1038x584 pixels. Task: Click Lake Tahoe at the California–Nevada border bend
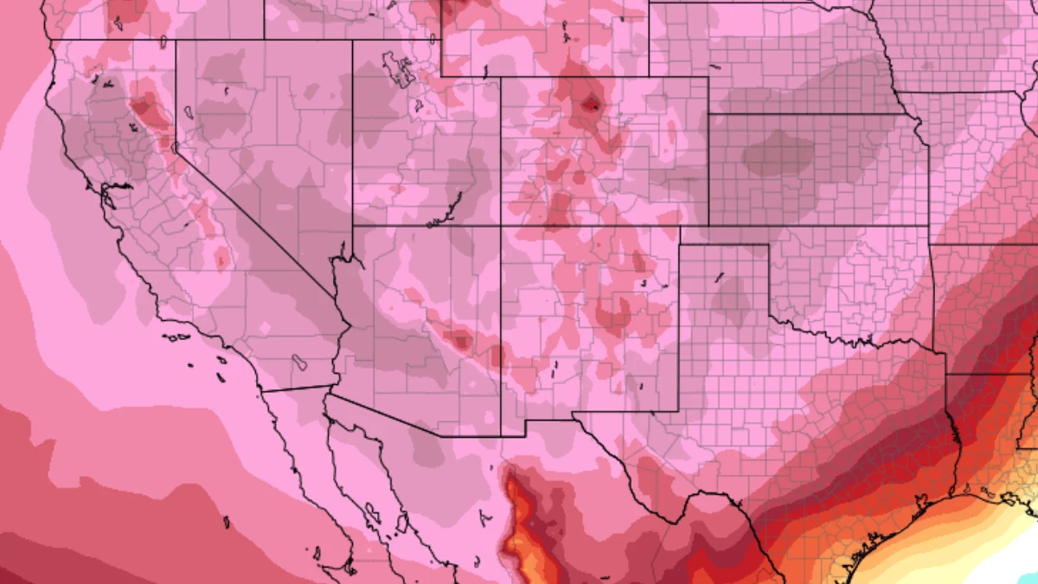[175, 147]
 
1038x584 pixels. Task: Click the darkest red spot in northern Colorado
[591, 105]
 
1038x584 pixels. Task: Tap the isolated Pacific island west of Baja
[227, 522]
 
